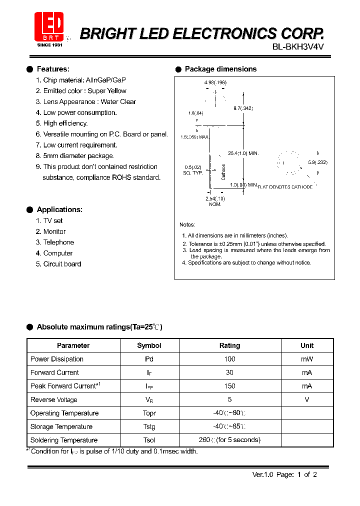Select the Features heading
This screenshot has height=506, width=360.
(53, 69)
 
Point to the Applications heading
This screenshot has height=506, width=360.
(59, 209)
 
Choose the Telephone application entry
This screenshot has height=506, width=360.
(58, 242)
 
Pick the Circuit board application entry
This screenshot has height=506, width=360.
(62, 264)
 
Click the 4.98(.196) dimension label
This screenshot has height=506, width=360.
(215, 82)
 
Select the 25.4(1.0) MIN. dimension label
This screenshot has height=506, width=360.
(243, 153)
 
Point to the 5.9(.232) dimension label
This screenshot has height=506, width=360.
(317, 162)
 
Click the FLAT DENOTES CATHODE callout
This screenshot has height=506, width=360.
(285, 186)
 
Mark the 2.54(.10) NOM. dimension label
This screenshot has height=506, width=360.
(215, 201)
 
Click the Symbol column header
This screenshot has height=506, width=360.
(149, 345)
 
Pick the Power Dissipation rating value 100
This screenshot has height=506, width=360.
(229, 359)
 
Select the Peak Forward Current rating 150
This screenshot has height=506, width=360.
(229, 386)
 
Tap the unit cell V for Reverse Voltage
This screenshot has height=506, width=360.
(307, 399)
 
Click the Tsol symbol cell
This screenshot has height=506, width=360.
(149, 440)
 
